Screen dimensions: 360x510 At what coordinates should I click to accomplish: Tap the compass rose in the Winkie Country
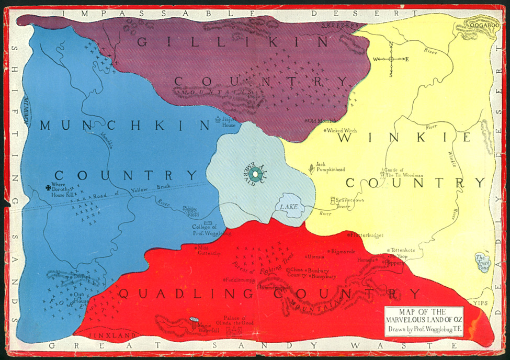click(391, 59)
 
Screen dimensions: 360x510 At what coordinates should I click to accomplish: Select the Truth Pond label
click(481, 261)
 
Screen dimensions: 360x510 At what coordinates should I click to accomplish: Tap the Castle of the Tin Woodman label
click(403, 173)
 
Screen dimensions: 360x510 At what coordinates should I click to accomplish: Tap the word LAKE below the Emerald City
click(288, 207)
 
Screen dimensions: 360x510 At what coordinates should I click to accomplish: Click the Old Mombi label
click(321, 121)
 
